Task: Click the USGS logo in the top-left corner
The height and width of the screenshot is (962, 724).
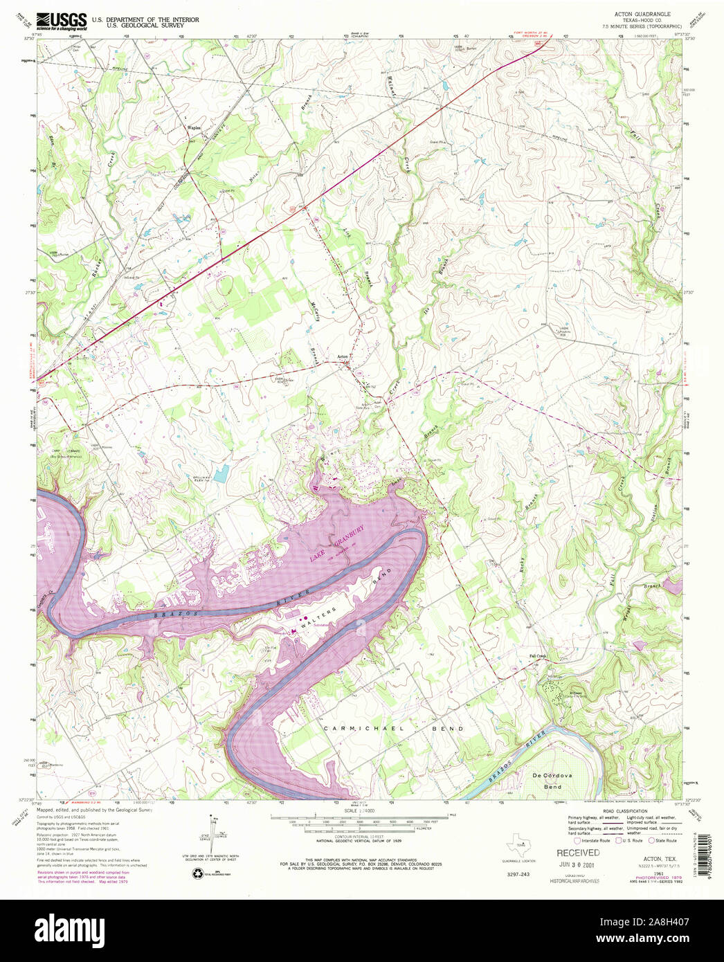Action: pyautogui.click(x=62, y=21)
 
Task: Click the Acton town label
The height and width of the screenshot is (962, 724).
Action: pyautogui.click(x=342, y=357)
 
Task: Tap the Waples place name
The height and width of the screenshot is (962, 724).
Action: pyautogui.click(x=194, y=129)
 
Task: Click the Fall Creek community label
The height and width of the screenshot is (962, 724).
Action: pyautogui.click(x=538, y=656)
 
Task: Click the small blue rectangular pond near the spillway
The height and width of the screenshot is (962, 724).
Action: pyautogui.click(x=221, y=474)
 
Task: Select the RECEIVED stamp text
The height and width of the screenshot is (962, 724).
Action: pyautogui.click(x=578, y=853)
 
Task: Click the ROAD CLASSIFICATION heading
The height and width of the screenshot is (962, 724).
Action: pyautogui.click(x=624, y=810)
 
